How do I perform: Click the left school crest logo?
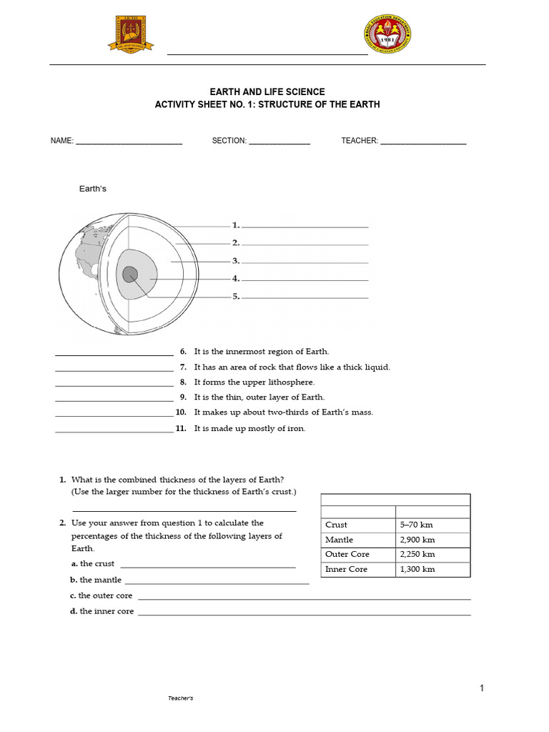[x=130, y=34]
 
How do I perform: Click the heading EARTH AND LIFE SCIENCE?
[x=267, y=92]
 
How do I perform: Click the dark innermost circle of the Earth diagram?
[x=130, y=274]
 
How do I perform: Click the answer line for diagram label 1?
[x=305, y=226]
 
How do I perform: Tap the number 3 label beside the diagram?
[x=235, y=261]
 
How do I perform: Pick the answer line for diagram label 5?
[x=305, y=297]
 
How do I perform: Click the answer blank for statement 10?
[x=114, y=414]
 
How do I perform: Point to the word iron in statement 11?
[x=296, y=428]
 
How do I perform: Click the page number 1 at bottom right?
[x=482, y=688]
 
